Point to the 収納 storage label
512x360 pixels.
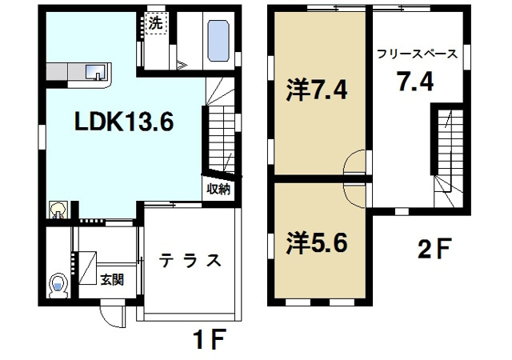point(218,190)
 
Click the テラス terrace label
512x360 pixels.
point(190,261)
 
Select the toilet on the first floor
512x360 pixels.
point(57,285)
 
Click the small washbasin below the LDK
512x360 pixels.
point(58,210)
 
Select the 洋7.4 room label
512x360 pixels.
point(316,90)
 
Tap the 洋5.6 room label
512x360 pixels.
point(316,242)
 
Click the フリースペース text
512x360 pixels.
point(418,55)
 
